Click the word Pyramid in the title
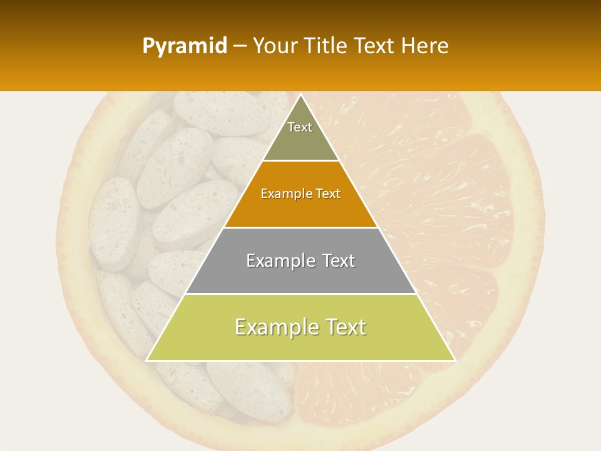184,46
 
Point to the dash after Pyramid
239,47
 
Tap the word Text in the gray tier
334,261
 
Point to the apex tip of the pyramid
300,95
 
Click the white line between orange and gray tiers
300,227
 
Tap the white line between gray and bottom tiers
300,294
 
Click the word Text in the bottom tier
344,327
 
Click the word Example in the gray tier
277,261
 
